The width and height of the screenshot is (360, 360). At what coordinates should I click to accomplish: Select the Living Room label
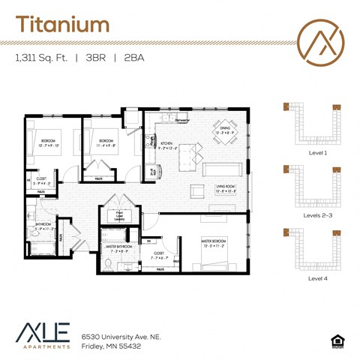pyautogui.click(x=227, y=188)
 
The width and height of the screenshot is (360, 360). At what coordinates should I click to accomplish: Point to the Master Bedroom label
pyautogui.click(x=213, y=241)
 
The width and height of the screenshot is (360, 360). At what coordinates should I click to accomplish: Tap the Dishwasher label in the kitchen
pyautogui.click(x=181, y=120)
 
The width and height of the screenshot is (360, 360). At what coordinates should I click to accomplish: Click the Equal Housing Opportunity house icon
pyautogui.click(x=336, y=340)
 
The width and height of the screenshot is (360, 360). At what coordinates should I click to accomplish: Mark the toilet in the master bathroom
pyautogui.click(x=109, y=262)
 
